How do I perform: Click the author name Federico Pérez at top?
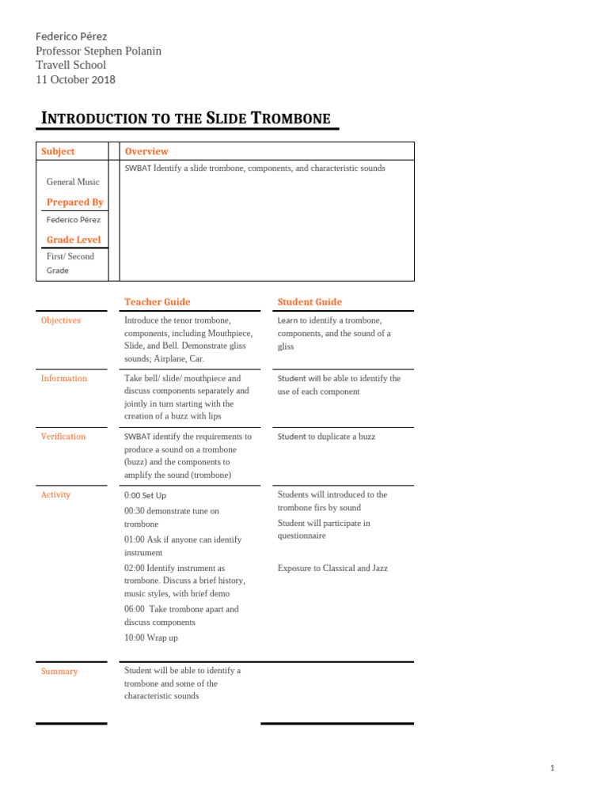[71, 36]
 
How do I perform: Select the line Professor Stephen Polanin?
[98, 51]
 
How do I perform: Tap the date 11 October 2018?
[75, 79]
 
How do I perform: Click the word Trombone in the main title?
[291, 119]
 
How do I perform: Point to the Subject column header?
[58, 151]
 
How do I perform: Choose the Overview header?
[146, 151]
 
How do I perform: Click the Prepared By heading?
[74, 202]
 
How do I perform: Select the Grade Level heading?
[73, 239]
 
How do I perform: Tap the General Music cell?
[73, 182]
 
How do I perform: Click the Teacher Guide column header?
[157, 301]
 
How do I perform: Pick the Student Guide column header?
[310, 301]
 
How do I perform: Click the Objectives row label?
[60, 320]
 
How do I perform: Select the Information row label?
[63, 378]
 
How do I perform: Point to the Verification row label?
[63, 437]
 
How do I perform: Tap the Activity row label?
[55, 494]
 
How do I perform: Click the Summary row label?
[59, 671]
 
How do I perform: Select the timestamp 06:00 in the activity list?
[135, 609]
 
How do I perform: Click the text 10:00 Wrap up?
[150, 637]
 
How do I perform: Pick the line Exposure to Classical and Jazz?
[332, 568]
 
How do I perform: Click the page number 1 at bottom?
[552, 768]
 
